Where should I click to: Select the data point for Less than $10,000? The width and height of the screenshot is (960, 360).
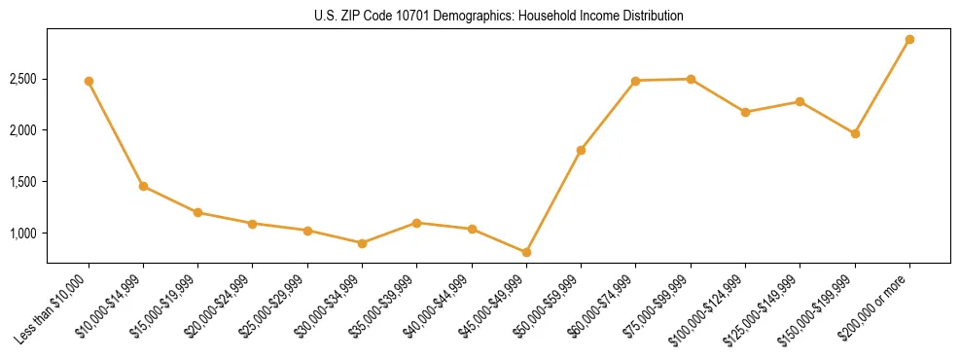coord(89,81)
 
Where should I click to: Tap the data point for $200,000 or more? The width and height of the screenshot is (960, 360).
coord(909,40)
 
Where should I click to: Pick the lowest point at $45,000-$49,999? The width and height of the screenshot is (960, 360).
coord(526,253)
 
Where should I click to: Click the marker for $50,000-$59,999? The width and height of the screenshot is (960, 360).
coord(581,151)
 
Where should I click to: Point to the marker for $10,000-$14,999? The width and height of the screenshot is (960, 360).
coord(143,186)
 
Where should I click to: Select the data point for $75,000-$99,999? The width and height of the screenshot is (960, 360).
coord(691,79)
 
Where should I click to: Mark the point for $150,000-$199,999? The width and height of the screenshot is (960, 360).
coord(855,133)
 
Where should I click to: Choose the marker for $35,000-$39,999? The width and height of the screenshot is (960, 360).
coord(416,223)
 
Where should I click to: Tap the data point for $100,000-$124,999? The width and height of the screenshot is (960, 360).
coord(745,112)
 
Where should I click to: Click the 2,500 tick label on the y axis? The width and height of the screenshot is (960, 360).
coord(23,79)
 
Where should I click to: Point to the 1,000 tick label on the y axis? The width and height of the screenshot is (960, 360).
coord(23,234)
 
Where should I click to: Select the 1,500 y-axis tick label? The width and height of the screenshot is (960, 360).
coord(23,182)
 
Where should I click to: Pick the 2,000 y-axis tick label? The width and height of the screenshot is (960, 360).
coord(23,130)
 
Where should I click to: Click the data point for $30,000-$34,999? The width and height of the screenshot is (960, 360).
coord(362,243)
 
